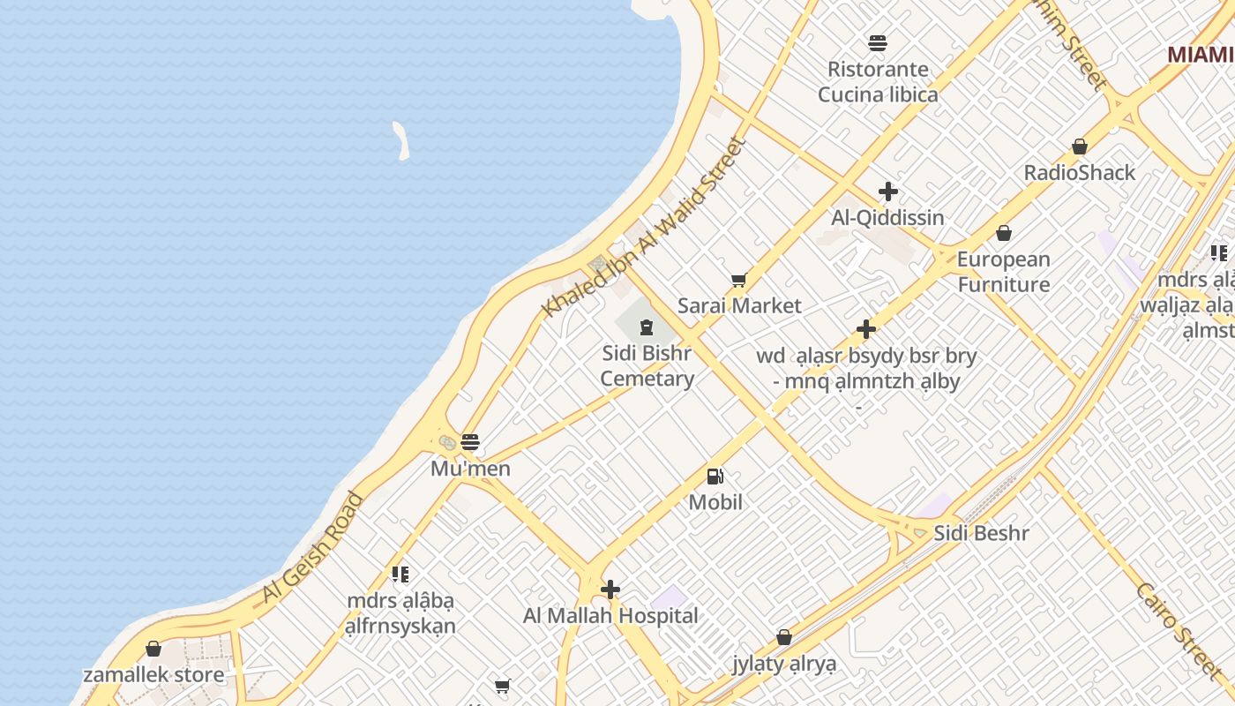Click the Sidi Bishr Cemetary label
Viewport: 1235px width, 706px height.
coord(647,366)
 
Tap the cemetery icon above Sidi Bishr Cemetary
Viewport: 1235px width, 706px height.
coord(647,328)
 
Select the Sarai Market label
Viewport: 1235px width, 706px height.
coord(739,306)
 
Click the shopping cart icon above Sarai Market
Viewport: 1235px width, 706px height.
coord(739,281)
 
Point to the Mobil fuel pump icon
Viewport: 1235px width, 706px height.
coord(715,477)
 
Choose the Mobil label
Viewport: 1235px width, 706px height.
coord(715,502)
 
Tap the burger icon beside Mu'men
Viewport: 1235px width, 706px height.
coord(470,441)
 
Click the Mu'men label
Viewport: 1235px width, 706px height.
coord(470,469)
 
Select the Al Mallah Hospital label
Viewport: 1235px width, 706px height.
coord(610,616)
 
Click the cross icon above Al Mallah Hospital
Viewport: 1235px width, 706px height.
coord(610,590)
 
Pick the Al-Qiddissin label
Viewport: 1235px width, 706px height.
coord(887,217)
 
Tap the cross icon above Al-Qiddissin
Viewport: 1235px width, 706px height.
coord(888,192)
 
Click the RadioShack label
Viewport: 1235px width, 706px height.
coord(1080,172)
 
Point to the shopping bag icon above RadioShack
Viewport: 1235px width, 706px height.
coord(1080,146)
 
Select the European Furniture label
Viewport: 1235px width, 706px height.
coord(1004,272)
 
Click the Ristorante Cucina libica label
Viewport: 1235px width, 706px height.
coord(878,81)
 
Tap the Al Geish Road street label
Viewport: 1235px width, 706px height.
coord(313,549)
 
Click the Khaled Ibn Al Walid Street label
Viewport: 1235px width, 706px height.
coord(646,227)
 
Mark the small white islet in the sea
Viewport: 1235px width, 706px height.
coord(401,140)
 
